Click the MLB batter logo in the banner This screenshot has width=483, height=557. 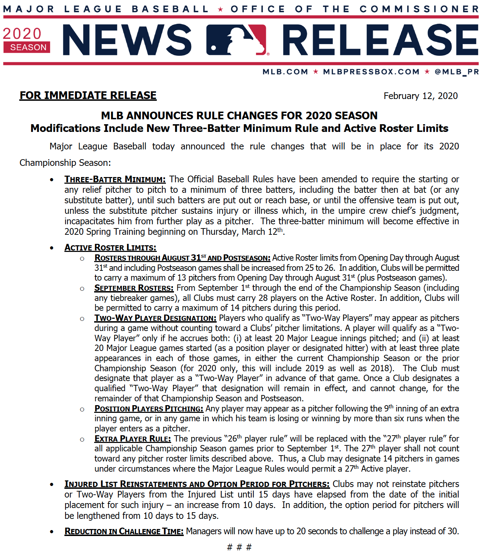[x=237, y=40]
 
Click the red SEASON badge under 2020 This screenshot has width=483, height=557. [x=27, y=47]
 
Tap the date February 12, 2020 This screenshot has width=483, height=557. [x=420, y=96]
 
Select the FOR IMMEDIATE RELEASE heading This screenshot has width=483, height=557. [x=88, y=96]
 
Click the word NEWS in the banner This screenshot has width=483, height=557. [x=127, y=40]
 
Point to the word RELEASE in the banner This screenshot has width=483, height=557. [x=380, y=40]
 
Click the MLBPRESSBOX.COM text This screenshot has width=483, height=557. [x=371, y=72]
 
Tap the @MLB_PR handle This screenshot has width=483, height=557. [x=456, y=72]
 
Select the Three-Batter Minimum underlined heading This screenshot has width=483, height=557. [x=115, y=179]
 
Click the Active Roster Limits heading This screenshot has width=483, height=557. [x=110, y=248]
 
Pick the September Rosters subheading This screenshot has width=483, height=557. [x=134, y=288]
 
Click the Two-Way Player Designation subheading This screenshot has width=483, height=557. [x=155, y=318]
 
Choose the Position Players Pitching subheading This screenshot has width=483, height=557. [x=149, y=409]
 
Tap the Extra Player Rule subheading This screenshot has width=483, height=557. [x=133, y=439]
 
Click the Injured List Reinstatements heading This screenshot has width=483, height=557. [x=197, y=484]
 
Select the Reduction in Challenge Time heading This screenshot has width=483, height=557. [x=124, y=531]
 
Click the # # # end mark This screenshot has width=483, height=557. [x=239, y=547]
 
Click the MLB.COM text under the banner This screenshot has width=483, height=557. [x=285, y=72]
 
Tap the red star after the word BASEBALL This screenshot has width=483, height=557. [x=220, y=9]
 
